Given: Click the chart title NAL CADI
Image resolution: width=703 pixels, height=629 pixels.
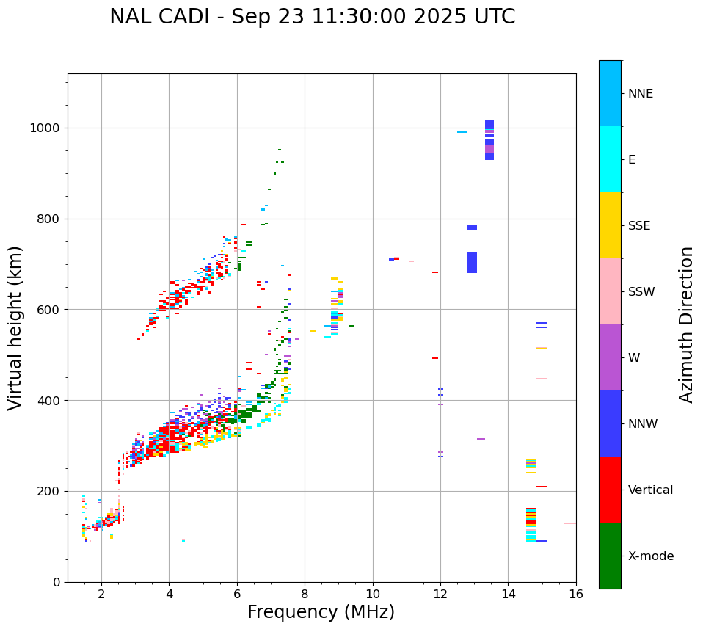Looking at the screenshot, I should click(312, 17).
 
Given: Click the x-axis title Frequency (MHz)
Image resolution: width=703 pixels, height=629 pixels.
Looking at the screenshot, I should click(321, 612).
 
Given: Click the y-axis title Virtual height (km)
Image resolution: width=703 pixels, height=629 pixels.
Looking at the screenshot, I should click(15, 328).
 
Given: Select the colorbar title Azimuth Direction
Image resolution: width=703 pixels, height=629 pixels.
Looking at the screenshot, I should click(686, 324).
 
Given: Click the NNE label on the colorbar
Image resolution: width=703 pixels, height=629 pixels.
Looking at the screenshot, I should click(640, 94).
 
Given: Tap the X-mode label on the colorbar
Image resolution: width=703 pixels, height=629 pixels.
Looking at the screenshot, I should click(651, 556).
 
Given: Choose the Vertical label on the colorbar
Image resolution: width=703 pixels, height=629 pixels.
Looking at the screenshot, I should click(650, 490).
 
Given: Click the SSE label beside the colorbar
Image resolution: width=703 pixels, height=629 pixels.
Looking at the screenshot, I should click(638, 226).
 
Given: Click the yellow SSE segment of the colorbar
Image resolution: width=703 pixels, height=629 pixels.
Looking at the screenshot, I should click(610, 225).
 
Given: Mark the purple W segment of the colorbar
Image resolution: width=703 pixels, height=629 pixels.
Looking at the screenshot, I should click(610, 357).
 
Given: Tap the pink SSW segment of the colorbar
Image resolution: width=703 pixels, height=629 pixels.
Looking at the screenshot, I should click(610, 291).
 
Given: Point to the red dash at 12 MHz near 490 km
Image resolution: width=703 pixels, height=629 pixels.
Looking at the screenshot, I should click(435, 358).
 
